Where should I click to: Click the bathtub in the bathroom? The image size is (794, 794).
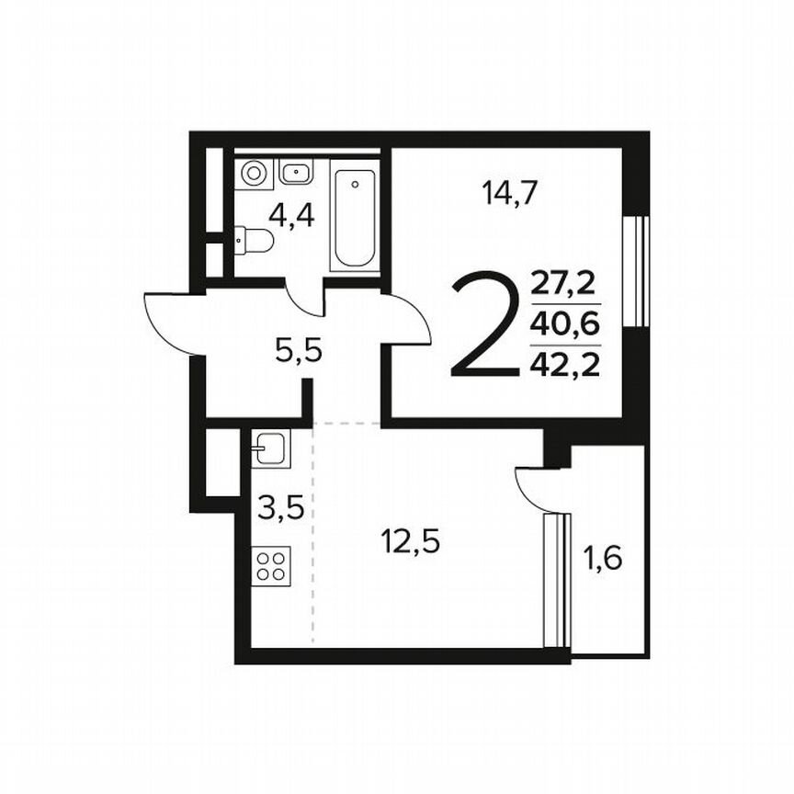355,219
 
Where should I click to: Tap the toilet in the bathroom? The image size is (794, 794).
255,241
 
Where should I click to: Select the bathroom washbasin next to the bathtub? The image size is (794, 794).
297,172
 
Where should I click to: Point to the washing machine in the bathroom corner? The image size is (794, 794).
255,173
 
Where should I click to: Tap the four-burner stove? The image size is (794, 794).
271,563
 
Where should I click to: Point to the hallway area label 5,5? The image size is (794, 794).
299,349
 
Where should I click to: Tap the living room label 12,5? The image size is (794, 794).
411,542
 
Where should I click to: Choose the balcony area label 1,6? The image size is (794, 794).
603,557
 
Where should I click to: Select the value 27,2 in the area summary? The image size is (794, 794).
565,284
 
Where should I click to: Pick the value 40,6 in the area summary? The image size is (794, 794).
565,323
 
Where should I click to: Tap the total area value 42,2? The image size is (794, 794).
565,365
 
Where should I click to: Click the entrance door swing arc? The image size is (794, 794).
171,322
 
